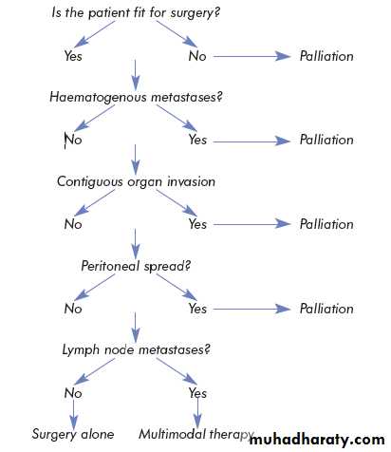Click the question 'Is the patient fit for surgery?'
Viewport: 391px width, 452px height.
136,13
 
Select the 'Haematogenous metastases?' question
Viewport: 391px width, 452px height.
136,97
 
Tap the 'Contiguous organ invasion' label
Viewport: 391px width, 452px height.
136,181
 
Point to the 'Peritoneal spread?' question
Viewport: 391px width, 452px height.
136,266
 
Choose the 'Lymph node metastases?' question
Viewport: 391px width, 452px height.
136,350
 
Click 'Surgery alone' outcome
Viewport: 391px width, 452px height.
73,434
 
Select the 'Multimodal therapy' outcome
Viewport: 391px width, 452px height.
196,434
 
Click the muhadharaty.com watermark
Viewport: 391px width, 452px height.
317,440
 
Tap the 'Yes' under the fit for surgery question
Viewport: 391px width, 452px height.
73,56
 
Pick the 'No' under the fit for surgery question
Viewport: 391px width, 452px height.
197,56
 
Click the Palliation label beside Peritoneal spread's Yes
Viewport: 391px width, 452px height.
326,309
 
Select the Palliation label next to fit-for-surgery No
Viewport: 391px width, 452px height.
326,56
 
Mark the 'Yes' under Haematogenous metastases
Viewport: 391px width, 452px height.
197,140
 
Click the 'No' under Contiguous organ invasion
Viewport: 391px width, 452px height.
73,224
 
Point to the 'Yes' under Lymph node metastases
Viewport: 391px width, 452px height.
197,393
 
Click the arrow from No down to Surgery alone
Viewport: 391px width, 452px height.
73,414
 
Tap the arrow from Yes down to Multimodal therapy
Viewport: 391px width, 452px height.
197,413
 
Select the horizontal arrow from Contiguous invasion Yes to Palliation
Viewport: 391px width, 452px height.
251,224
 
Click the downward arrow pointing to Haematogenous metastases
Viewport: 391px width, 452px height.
136,75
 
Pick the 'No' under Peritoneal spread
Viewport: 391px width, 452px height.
73,309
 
